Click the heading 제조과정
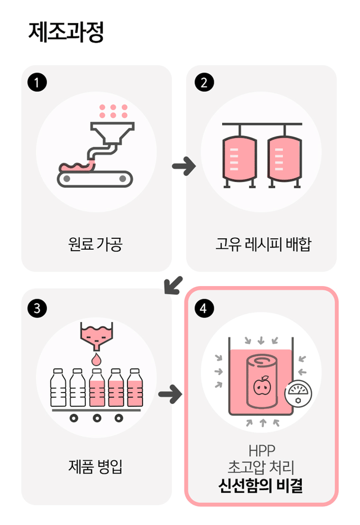pyautogui.click(x=66, y=32)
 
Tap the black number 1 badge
pyautogui.click(x=37, y=82)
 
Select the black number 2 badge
pyautogui.click(x=204, y=82)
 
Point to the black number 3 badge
pyautogui.click(x=37, y=308)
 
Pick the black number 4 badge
pyautogui.click(x=204, y=308)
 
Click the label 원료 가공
pyautogui.click(x=96, y=244)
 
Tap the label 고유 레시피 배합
pyautogui.click(x=263, y=244)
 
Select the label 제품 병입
pyautogui.click(x=96, y=466)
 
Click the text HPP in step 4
pyautogui.click(x=262, y=451)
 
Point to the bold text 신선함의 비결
pyautogui.click(x=261, y=486)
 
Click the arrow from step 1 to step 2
pyautogui.click(x=184, y=166)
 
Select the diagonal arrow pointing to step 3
pyautogui.click(x=173, y=285)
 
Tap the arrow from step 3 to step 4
pyautogui.click(x=170, y=394)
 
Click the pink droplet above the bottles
pyautogui.click(x=96, y=359)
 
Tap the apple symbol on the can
pyautogui.click(x=262, y=386)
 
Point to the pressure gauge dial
pyautogui.click(x=298, y=392)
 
